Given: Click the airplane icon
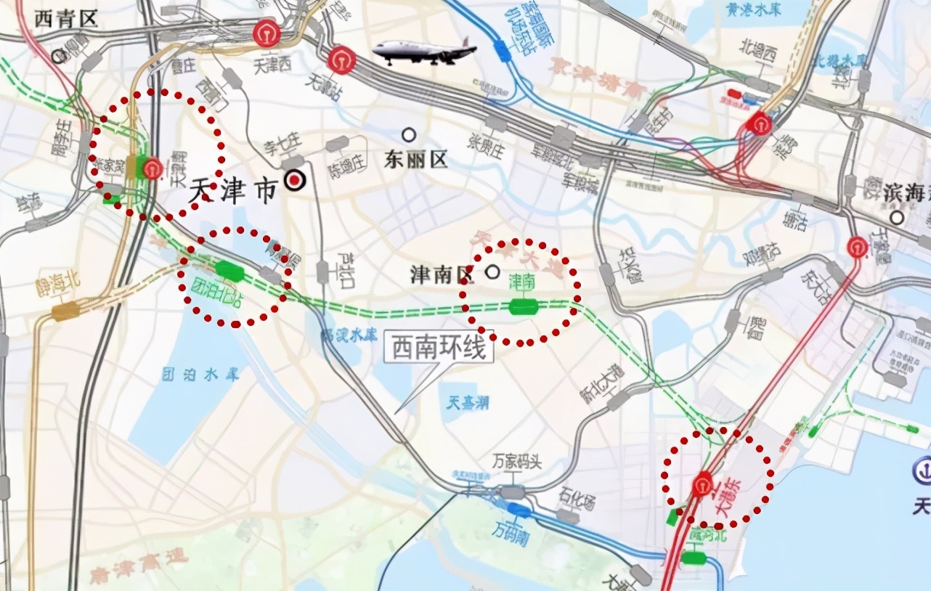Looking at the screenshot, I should click(x=425, y=51).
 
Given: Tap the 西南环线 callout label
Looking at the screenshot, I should click(x=438, y=349).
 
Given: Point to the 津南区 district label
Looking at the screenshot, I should click(x=442, y=274).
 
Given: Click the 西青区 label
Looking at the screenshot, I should click(x=66, y=19).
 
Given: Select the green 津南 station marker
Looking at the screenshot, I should click(x=523, y=306).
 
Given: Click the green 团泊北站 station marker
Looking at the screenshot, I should click(x=230, y=271).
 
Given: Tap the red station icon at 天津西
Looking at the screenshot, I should click(x=267, y=34).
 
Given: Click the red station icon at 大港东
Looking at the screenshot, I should click(x=702, y=484).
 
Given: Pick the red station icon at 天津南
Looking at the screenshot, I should click(x=153, y=170).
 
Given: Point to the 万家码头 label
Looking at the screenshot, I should click(x=517, y=462).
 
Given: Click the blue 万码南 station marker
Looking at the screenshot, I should click(x=519, y=510).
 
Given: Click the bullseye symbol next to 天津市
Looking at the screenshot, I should click(x=294, y=180).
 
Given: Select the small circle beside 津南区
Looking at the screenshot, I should click(x=492, y=272).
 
